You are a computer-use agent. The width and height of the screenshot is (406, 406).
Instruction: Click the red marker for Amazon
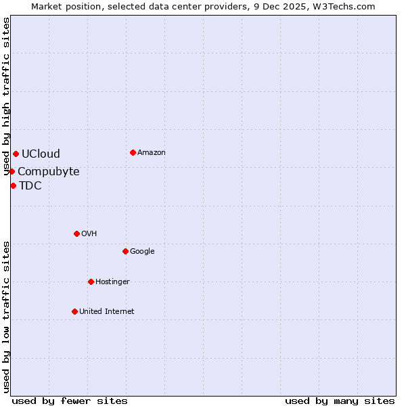[133, 152]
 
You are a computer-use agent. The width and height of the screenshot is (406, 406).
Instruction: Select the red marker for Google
[125, 251]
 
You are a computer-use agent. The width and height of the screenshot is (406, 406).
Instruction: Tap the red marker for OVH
[76, 233]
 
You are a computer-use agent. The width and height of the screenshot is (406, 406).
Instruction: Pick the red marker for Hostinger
[91, 281]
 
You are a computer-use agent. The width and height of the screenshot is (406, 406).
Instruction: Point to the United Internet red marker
[74, 311]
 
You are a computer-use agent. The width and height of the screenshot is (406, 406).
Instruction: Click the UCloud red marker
[16, 154]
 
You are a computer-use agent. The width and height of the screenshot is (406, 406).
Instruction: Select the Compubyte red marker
[12, 171]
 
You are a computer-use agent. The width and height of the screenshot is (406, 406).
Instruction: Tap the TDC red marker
[13, 185]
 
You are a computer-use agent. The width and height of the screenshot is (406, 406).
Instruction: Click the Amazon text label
[152, 153]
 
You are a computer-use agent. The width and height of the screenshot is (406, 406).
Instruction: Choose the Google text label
[142, 252]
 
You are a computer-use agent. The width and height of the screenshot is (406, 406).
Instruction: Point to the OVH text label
[89, 234]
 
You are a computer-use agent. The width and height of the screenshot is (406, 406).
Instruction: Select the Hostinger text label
[112, 282]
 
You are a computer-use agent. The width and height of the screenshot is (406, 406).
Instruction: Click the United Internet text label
[107, 312]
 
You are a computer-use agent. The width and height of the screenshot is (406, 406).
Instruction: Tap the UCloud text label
[41, 154]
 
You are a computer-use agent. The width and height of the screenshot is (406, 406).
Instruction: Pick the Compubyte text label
[49, 172]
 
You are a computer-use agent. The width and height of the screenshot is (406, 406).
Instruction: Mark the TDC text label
[30, 186]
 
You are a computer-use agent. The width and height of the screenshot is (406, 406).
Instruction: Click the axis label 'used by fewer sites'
[70, 401]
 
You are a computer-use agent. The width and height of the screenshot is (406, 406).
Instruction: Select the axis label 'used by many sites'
[340, 401]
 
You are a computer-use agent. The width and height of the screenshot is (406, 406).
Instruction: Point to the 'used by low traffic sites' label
[7, 316]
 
